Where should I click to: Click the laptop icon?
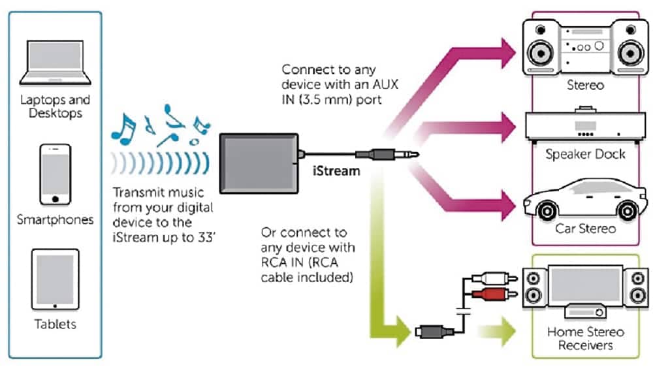point(55,63)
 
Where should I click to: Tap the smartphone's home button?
point(55,199)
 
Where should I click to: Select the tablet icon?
point(55,279)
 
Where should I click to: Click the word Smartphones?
point(55,219)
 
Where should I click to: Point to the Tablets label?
point(55,324)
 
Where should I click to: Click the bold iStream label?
point(336,171)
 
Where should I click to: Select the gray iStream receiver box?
point(259,163)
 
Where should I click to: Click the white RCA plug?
point(494,278)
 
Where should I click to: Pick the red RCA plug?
point(494,294)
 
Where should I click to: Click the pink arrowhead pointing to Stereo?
point(508,54)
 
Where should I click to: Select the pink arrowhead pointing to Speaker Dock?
point(508,127)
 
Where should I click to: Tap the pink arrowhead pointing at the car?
point(508,205)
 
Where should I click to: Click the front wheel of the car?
point(547,211)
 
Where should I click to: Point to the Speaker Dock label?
point(585,154)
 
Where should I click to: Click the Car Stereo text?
point(585,229)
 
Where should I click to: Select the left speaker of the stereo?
point(541,48)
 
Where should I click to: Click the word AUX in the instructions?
point(385,84)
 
